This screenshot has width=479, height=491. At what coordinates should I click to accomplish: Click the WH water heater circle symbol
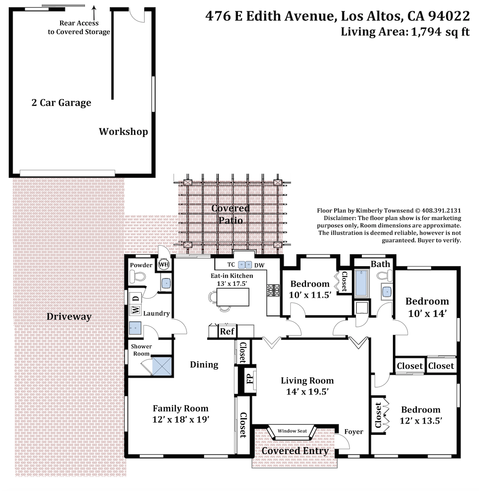click(164, 264)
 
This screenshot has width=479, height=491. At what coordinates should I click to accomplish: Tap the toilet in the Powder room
click(137, 277)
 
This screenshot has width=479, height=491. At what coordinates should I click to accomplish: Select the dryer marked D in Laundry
click(135, 299)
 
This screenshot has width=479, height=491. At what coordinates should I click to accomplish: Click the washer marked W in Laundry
click(135, 310)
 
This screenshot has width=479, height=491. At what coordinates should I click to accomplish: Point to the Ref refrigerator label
click(227, 331)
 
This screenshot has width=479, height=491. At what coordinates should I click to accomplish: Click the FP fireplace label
click(250, 379)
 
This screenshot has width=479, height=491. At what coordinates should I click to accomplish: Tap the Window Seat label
click(292, 431)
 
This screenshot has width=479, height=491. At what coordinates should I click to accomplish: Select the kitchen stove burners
click(273, 290)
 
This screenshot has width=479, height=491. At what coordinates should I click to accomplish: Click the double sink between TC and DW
click(245, 265)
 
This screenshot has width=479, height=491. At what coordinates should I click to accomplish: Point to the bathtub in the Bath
click(362, 283)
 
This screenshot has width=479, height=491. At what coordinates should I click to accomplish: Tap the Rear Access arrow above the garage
click(94, 13)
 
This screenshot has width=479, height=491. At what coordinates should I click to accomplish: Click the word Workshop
click(124, 132)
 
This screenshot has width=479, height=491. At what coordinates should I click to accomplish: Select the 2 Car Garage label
click(61, 103)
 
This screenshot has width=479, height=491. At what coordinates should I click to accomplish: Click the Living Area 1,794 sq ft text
click(405, 32)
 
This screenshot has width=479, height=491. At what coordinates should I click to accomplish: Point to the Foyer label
click(353, 432)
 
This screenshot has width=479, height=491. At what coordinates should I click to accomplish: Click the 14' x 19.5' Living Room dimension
click(307, 392)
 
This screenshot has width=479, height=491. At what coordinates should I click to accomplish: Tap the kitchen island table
click(233, 297)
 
